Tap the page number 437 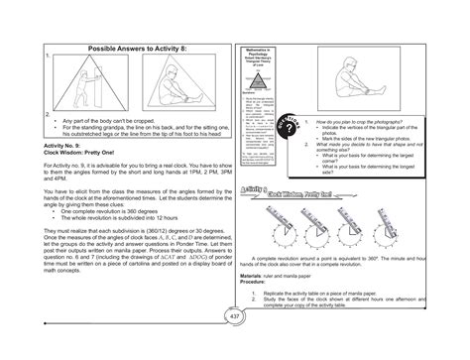[x=235, y=343]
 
